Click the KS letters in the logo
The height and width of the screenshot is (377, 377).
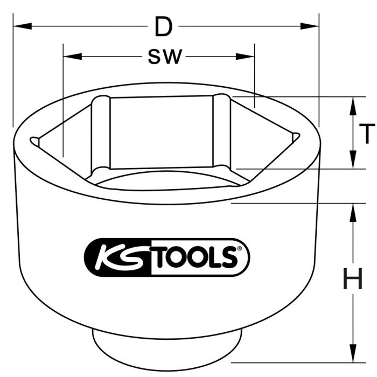[x=117, y=257]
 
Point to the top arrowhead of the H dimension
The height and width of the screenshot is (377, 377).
[x=353, y=211]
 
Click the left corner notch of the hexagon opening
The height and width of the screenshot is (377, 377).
[x=35, y=141]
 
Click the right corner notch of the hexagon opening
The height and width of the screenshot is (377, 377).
[x=295, y=137]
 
